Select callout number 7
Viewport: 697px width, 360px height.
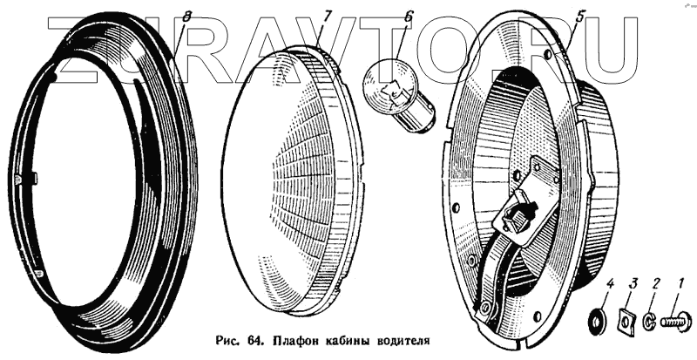[327, 17]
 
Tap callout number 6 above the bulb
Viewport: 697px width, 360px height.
[409, 17]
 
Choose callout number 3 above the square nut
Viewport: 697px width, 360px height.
[634, 282]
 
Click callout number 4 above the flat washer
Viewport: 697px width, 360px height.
[610, 282]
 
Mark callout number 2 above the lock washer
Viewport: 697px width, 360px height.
[658, 282]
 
